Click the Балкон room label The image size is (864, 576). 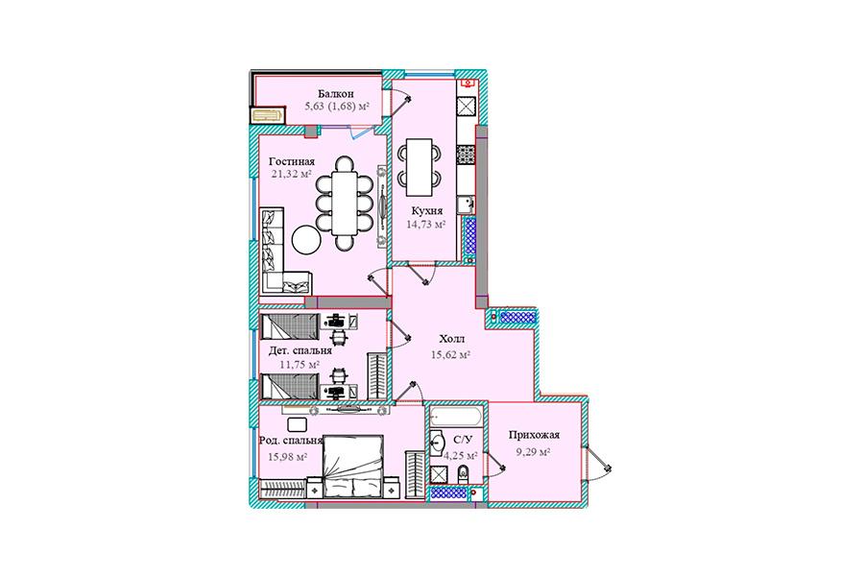click(336, 94)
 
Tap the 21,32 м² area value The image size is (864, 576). click(292, 174)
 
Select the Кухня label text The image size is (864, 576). click(427, 211)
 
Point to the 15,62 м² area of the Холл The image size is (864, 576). click(450, 355)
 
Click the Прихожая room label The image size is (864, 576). click(534, 436)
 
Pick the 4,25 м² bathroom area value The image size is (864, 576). click(461, 456)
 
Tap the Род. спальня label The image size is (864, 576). click(290, 441)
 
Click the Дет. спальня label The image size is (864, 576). click(300, 351)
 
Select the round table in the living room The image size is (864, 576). click(306, 240)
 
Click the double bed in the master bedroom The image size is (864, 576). click(352, 466)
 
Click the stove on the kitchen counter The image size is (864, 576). click(466, 155)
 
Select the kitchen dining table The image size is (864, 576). click(420, 167)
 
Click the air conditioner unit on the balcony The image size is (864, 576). click(268, 116)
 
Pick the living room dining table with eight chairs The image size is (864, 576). click(345, 204)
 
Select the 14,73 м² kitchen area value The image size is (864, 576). click(426, 225)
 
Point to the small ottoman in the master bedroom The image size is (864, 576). click(297, 425)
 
